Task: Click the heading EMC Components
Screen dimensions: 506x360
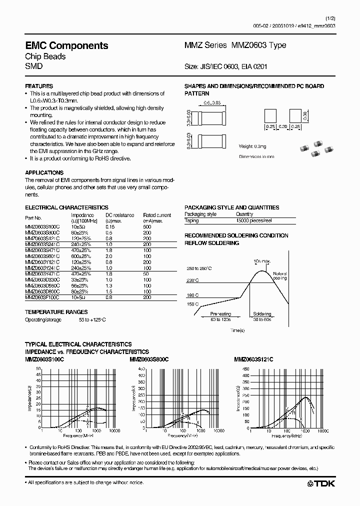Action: (x=66, y=45)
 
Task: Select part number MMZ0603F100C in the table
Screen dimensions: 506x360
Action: (x=42, y=297)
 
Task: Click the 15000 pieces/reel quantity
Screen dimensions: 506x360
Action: (x=253, y=220)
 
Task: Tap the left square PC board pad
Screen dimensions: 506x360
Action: (x=270, y=116)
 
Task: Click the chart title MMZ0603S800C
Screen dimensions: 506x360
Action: (x=149, y=359)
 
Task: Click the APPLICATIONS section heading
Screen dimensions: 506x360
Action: (x=44, y=172)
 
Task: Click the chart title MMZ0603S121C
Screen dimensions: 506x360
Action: (x=253, y=359)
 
